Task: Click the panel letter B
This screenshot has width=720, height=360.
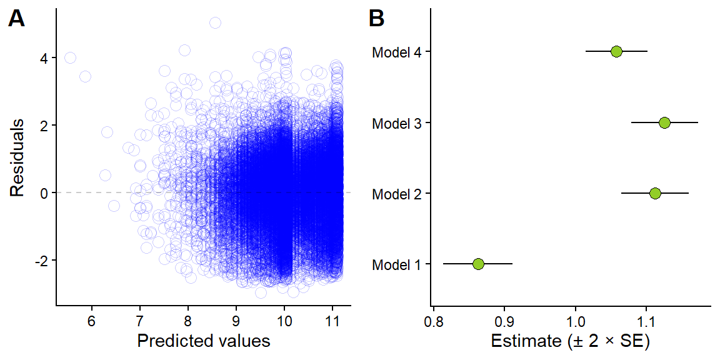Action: pyautogui.click(x=377, y=19)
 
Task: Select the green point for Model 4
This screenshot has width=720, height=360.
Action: pyautogui.click(x=616, y=51)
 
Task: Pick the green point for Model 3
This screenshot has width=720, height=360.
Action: pyautogui.click(x=664, y=122)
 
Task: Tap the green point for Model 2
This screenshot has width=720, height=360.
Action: pyautogui.click(x=655, y=193)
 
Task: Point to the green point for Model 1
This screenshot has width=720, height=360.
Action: pyautogui.click(x=478, y=264)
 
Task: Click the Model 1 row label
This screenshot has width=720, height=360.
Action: pyautogui.click(x=396, y=264)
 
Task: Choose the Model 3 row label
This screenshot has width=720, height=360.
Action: pyautogui.click(x=396, y=123)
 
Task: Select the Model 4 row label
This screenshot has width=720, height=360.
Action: pyautogui.click(x=396, y=52)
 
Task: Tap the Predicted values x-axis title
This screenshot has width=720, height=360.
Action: pyautogui.click(x=203, y=341)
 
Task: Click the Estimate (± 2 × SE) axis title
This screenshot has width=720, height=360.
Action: pyautogui.click(x=571, y=341)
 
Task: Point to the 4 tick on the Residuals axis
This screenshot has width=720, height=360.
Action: pyautogui.click(x=45, y=58)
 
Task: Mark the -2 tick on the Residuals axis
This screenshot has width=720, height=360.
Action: pyautogui.click(x=42, y=260)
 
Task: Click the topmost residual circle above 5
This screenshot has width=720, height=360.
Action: pyautogui.click(x=215, y=22)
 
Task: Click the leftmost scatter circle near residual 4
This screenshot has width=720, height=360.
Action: pyautogui.click(x=70, y=57)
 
